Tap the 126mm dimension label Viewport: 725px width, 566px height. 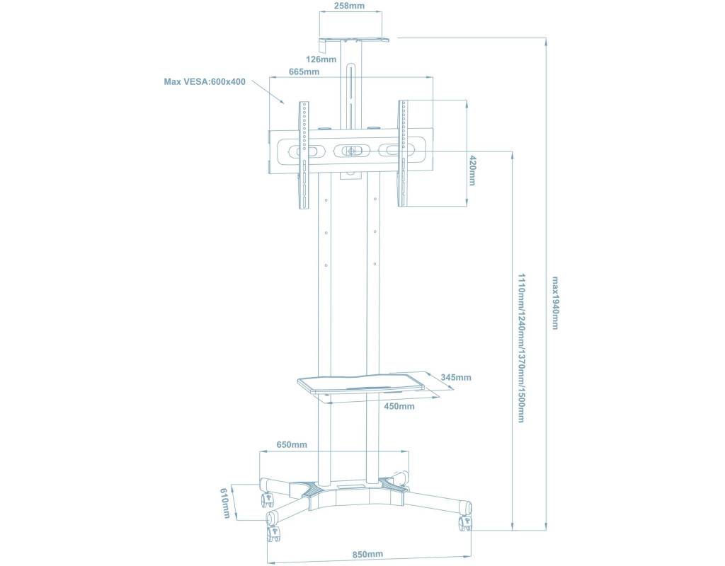pos(322,59)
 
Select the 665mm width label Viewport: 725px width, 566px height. pos(304,71)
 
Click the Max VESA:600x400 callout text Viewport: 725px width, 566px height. pos(205,82)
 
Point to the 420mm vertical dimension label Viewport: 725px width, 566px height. pos(473,171)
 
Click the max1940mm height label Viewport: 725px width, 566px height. pos(556,303)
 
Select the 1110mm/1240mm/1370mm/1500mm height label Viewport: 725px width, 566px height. pos(522,347)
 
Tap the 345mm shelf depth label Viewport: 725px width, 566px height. pos(455,377)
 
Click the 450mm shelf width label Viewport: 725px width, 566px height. pos(399,406)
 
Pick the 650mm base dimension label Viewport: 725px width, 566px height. pos(292,444)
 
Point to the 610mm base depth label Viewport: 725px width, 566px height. pos(225,502)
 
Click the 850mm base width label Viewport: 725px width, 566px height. pos(367,554)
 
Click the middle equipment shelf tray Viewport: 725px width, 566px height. pos(361,384)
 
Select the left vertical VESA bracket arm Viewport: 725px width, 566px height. pos(304,156)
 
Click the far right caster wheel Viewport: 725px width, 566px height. pos(467,523)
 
